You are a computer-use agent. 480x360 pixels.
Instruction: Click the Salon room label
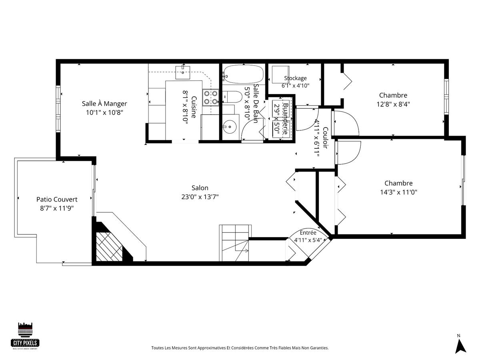point(200,188)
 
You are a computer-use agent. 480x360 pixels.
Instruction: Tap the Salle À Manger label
point(104,103)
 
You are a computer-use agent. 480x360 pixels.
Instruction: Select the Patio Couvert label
point(57,199)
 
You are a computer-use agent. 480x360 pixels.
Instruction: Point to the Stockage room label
point(295,78)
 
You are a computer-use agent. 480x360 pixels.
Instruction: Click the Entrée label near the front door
point(308,232)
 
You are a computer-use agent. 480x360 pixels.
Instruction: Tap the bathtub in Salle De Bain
point(243,74)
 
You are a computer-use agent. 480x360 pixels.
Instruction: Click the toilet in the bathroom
point(232,97)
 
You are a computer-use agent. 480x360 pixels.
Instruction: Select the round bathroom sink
point(230,126)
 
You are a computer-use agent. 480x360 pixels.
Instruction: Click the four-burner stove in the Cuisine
point(210,98)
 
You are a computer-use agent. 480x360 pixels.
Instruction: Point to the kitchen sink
point(183,72)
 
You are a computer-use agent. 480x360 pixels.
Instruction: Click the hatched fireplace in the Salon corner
point(109,247)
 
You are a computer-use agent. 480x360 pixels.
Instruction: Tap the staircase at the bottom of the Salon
point(235,243)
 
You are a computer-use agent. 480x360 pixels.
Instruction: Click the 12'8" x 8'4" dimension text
point(393,104)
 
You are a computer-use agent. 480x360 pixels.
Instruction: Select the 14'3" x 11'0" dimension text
point(398,192)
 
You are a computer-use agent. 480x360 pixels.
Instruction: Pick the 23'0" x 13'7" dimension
point(200,197)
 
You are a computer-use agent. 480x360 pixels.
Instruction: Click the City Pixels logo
point(25,336)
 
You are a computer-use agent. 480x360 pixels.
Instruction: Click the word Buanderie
point(286,119)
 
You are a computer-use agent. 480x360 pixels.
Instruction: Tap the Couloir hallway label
point(325,138)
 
